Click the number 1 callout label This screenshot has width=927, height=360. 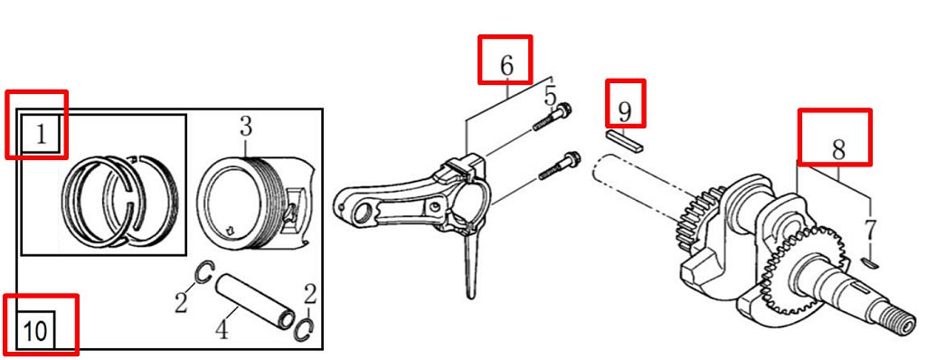(x=41, y=135)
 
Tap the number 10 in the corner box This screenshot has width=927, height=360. (x=35, y=332)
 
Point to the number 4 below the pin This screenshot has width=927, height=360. (x=221, y=330)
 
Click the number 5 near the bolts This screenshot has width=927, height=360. (x=551, y=95)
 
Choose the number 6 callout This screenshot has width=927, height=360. (x=506, y=66)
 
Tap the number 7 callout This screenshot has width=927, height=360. (x=870, y=230)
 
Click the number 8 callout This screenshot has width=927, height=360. (x=838, y=149)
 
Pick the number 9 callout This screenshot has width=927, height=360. (x=625, y=110)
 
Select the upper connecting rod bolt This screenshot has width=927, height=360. (x=553, y=118)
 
